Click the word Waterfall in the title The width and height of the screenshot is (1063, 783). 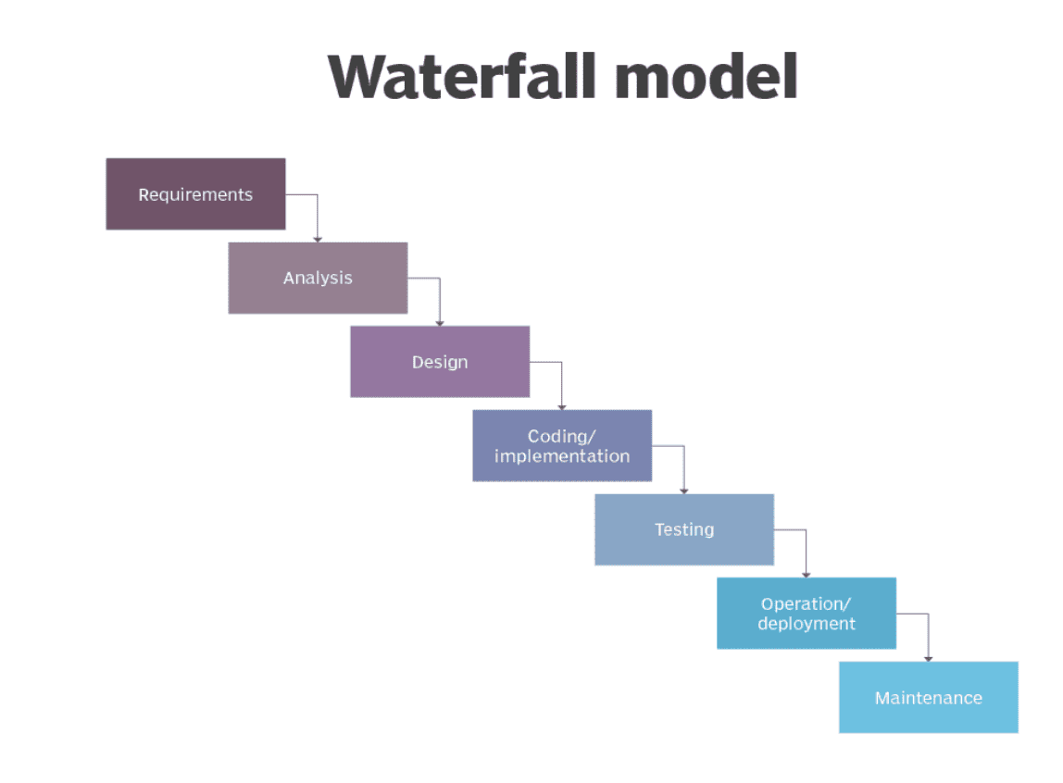coord(462,77)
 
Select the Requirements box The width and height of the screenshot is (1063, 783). coord(196,194)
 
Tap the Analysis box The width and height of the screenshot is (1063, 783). coord(318,278)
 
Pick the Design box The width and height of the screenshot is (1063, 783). coord(440,362)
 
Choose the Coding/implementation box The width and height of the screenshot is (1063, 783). coord(562,446)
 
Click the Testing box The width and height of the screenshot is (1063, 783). coord(684,529)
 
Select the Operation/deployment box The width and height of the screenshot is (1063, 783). coord(807,613)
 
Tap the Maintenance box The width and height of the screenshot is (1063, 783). coord(928,697)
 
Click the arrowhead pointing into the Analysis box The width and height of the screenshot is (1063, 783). coord(318,239)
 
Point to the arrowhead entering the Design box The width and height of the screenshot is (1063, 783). coord(439,323)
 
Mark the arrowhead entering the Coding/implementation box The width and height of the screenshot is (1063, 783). coord(561,406)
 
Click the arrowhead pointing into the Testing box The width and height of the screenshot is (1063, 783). coord(683,491)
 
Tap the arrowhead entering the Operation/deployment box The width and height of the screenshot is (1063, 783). coord(807,575)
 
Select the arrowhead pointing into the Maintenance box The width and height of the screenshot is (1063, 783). coord(928,658)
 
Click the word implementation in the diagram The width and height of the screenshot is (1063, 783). coord(562,456)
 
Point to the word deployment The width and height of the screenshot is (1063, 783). coord(807,623)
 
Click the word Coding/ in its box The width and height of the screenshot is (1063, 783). coord(561,436)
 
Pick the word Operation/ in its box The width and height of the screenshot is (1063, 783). coord(806,603)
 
